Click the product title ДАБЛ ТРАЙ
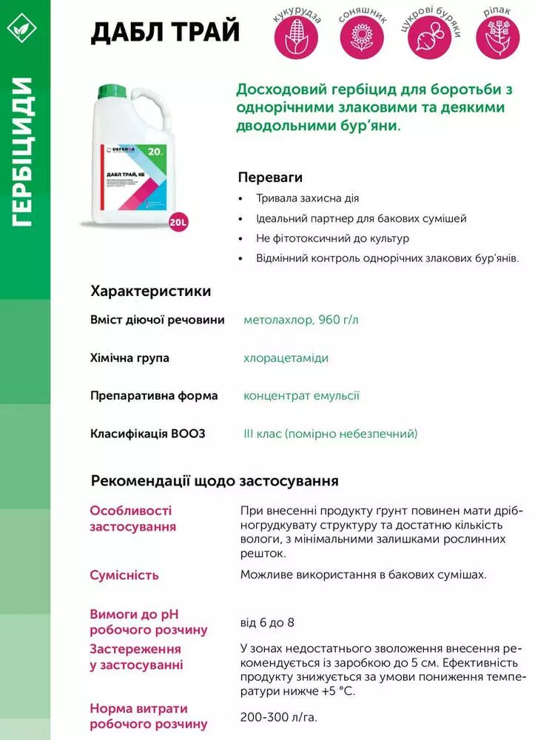(164, 32)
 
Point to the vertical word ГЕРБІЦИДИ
(22, 151)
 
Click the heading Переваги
(270, 178)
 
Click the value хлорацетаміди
(286, 358)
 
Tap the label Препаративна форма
(154, 396)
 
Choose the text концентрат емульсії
(301, 396)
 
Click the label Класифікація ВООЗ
(147, 434)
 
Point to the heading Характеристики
(150, 291)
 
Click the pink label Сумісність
(124, 575)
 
